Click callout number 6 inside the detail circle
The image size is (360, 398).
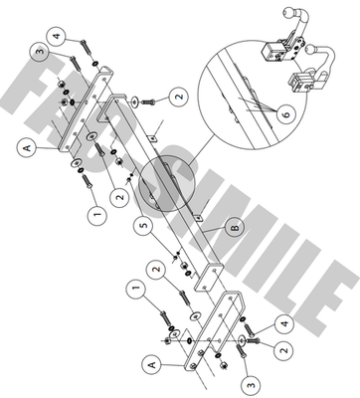(285, 114)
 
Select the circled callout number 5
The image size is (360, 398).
(143, 225)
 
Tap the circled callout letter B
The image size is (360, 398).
(235, 229)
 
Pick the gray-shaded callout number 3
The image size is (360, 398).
(40, 53)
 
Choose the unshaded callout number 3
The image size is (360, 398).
(251, 385)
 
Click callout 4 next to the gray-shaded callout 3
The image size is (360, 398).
(58, 35)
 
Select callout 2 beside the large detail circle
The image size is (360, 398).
(179, 98)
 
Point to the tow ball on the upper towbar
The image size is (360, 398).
(287, 13)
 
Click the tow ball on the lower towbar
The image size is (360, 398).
(310, 50)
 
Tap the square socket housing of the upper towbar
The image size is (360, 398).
(271, 51)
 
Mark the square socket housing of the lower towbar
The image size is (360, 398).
(298, 82)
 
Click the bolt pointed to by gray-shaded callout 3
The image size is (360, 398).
(76, 63)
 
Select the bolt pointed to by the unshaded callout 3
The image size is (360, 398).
(241, 351)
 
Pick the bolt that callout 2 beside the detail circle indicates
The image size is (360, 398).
(149, 102)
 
